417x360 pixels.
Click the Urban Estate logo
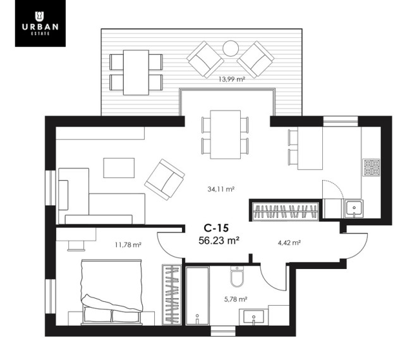click(40, 23)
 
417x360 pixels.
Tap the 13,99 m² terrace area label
click(232, 79)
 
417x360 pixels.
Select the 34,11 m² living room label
click(221, 189)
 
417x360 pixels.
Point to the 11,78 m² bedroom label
click(128, 244)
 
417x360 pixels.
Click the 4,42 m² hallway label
click(289, 243)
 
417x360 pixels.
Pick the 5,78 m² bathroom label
click(236, 299)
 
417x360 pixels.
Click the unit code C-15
click(216, 228)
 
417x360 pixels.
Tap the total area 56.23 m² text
click(219, 241)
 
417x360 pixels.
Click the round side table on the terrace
click(231, 49)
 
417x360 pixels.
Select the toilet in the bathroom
click(237, 277)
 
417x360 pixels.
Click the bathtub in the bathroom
click(197, 296)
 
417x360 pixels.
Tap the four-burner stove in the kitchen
click(372, 167)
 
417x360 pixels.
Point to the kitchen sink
click(354, 208)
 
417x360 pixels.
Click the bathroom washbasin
click(253, 317)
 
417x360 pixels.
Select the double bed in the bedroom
click(112, 292)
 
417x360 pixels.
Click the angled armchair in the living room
click(165, 179)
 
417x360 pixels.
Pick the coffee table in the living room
click(119, 168)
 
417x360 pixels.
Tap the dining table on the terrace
click(136, 73)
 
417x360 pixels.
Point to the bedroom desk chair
click(76, 246)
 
